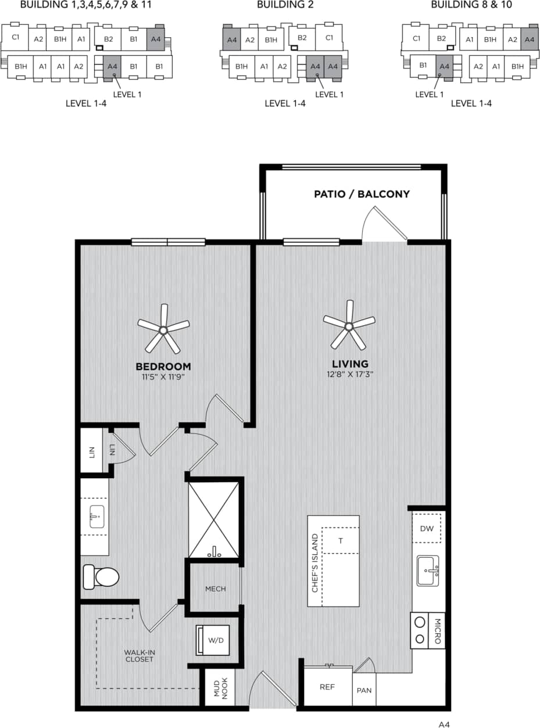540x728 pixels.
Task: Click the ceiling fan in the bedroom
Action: pos(163,330)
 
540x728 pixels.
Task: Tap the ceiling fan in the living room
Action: pos(349,326)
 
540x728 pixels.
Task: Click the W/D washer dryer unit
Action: pos(214,640)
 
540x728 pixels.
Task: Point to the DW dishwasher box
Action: pos(427,528)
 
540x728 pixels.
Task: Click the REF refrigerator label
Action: pos(327,687)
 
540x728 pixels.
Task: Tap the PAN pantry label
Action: pos(364,690)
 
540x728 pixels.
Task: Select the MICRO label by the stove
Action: pos(437,630)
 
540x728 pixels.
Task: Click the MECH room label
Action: pos(215,589)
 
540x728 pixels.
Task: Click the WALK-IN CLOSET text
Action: pos(139,655)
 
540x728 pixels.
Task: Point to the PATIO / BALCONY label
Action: pos(362,194)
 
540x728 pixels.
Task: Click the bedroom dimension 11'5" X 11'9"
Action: pos(163,376)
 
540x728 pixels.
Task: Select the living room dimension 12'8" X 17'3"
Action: pos(349,374)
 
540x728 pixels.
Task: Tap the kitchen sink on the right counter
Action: pos(428,571)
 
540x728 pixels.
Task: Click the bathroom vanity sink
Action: pos(96,516)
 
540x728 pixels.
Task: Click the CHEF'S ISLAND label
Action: pos(315,563)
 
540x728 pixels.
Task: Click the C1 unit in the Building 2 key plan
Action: pos(329,38)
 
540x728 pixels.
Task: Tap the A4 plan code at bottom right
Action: pos(445,724)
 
